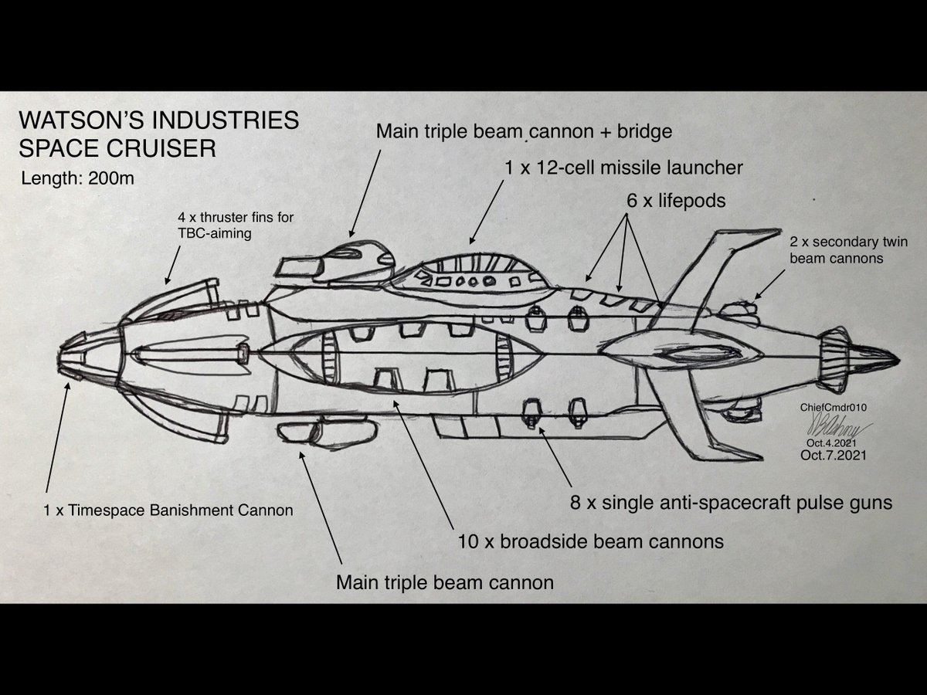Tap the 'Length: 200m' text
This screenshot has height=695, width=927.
click(x=78, y=179)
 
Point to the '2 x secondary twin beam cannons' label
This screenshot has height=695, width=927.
click(x=847, y=250)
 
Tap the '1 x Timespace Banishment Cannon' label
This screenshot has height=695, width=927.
click(x=168, y=510)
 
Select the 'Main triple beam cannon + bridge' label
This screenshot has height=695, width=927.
click(x=524, y=131)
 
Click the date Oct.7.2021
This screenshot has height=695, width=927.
click(x=834, y=456)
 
